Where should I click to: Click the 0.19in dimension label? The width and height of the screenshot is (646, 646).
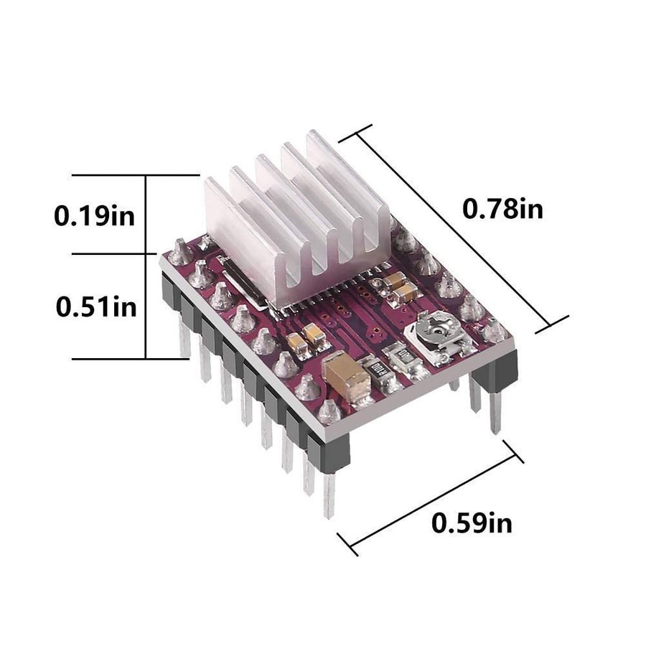[x=94, y=215]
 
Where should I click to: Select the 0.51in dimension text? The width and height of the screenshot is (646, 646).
[x=96, y=307]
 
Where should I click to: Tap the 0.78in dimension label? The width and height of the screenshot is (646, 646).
[x=502, y=208]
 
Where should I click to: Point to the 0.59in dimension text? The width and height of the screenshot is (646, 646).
[x=472, y=523]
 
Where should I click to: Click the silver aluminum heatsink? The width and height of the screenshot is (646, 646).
[x=296, y=218]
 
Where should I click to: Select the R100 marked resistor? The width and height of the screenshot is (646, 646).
[x=375, y=368]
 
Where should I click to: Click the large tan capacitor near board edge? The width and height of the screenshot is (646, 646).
[x=347, y=378]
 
